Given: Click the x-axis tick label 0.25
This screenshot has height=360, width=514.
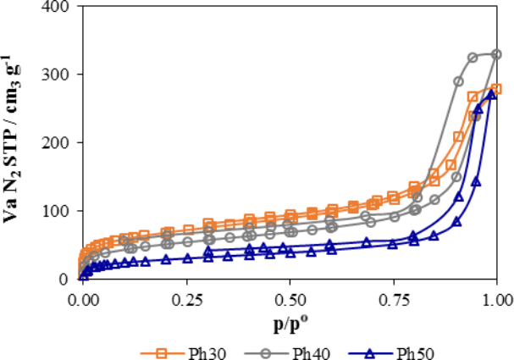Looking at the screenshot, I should coord(185,298).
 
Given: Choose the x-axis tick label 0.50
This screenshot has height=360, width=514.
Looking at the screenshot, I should coord(290,298).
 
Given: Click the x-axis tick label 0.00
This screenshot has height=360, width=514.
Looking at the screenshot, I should coord(82,298).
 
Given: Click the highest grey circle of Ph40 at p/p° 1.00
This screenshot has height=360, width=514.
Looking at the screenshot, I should coord(496,54).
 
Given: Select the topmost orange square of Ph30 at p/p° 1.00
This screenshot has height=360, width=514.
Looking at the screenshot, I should coord(496,89).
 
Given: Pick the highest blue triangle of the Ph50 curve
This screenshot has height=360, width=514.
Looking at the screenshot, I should coord(490,95).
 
